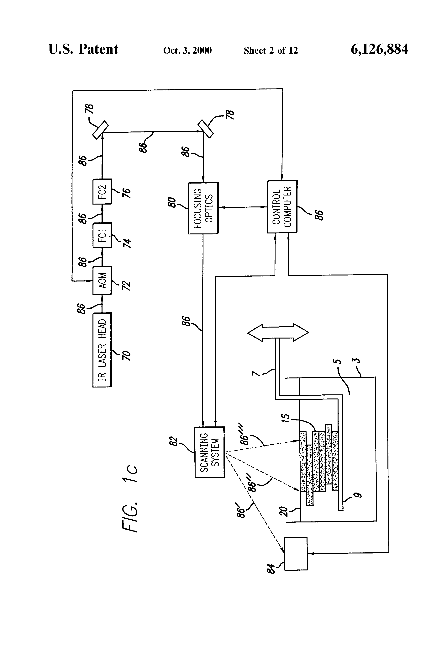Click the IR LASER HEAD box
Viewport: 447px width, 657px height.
102,350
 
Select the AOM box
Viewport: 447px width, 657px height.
102,280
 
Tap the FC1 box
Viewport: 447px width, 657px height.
102,235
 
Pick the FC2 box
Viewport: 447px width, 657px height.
102,191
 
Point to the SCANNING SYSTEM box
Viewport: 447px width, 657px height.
210,452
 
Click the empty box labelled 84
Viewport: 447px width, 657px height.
296,553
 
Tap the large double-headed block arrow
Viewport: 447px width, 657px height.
278,333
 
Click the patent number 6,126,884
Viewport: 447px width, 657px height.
379,49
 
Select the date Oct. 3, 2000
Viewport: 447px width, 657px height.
187,50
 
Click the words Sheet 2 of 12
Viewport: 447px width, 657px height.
271,50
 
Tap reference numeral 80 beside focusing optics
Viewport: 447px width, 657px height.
171,202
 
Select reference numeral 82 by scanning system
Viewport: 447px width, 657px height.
174,442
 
